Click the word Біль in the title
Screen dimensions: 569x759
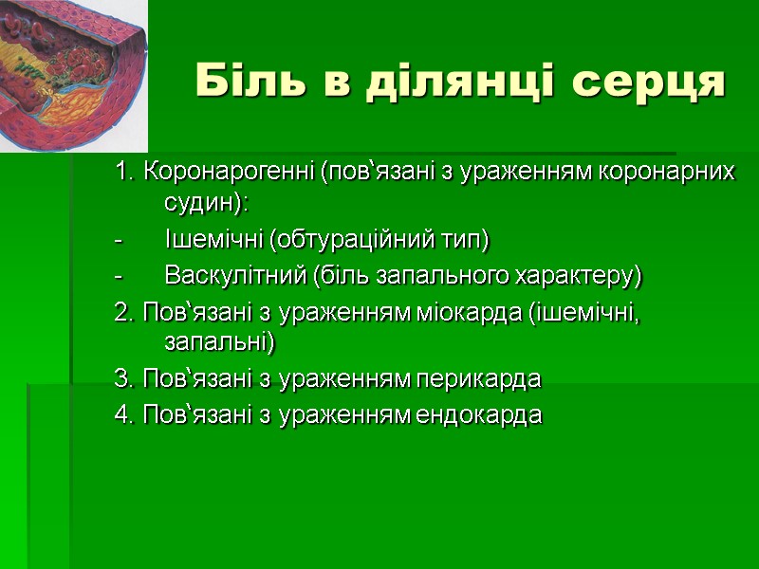[239, 83]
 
